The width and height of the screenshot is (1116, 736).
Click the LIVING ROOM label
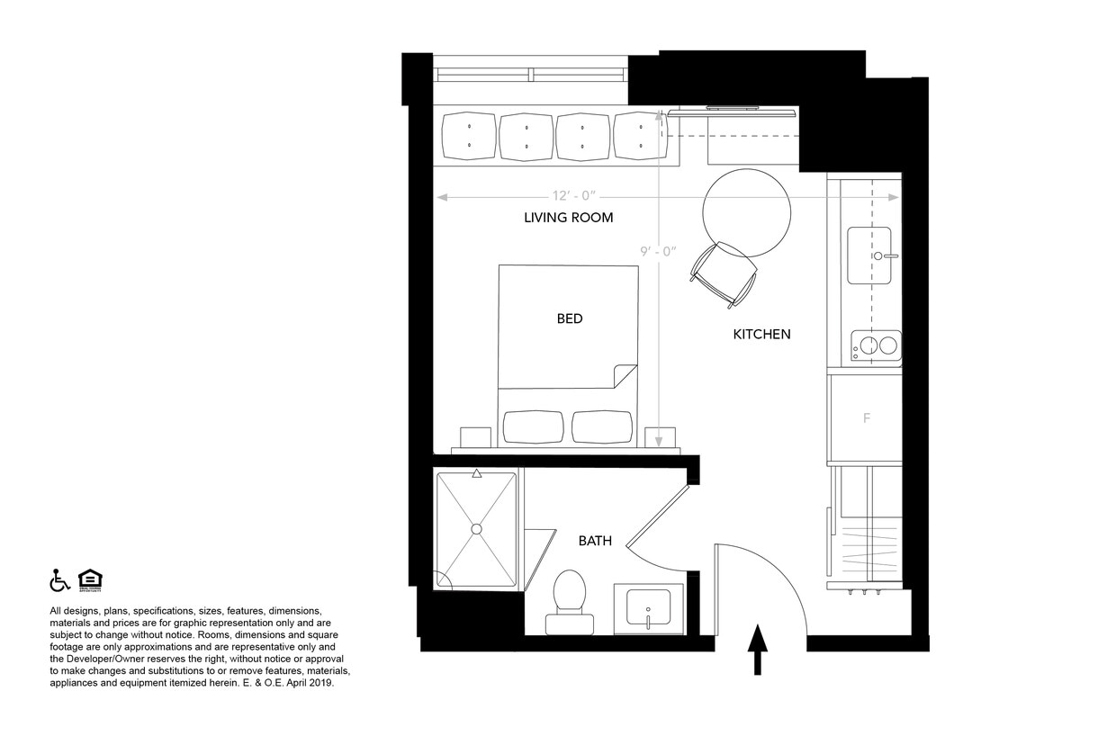tap(568, 218)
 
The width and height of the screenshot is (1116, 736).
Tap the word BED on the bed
tap(569, 319)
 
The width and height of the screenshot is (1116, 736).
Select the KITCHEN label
tap(761, 334)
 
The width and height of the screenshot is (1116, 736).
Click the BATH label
tap(595, 541)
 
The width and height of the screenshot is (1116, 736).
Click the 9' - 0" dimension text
tap(658, 252)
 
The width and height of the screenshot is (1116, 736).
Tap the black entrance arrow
tap(757, 649)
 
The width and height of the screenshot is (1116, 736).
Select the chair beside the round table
tap(724, 274)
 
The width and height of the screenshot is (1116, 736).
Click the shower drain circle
tap(476, 528)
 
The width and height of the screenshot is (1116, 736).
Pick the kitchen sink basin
tap(868, 256)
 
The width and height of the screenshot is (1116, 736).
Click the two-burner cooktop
tap(877, 346)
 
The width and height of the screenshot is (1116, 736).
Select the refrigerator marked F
tap(866, 418)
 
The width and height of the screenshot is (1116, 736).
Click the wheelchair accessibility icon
tap(59, 580)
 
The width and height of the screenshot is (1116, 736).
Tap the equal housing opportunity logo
tap(90, 580)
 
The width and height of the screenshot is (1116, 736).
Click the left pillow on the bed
tap(533, 426)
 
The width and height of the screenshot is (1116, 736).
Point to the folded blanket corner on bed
tap(623, 375)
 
